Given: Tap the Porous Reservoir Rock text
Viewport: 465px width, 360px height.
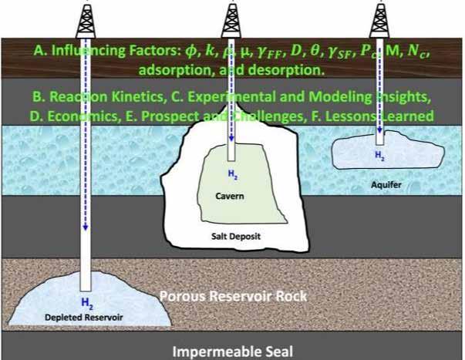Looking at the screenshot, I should (233, 295).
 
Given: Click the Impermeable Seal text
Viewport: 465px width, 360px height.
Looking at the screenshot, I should (233, 352).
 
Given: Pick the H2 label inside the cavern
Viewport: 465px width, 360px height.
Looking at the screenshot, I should (231, 176).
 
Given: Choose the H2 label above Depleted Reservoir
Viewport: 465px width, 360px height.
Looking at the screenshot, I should (86, 303).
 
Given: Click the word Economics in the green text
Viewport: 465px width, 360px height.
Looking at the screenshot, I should (83, 116).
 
